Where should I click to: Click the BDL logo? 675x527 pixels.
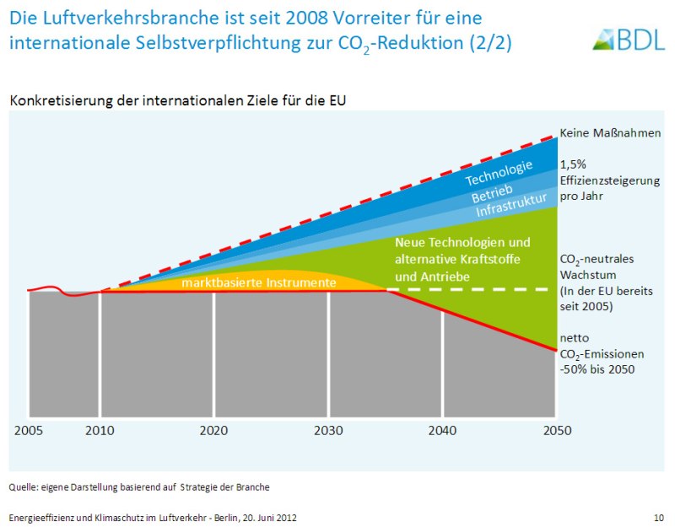point(629,38)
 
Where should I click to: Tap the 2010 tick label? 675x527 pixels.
point(100,430)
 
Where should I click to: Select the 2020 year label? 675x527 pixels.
point(214,430)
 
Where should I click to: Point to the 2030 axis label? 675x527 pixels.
point(328,430)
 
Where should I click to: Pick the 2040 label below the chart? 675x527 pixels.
point(442,430)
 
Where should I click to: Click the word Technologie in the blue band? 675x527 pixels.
point(499,173)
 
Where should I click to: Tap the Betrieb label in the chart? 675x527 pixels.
point(492,194)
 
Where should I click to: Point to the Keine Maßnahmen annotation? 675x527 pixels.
point(610,133)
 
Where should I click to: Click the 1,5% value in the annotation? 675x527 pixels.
point(573,164)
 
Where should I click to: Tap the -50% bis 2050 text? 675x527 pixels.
point(597,369)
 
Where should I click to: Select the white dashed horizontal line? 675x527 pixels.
point(472,289)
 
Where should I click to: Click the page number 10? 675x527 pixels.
point(658,517)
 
